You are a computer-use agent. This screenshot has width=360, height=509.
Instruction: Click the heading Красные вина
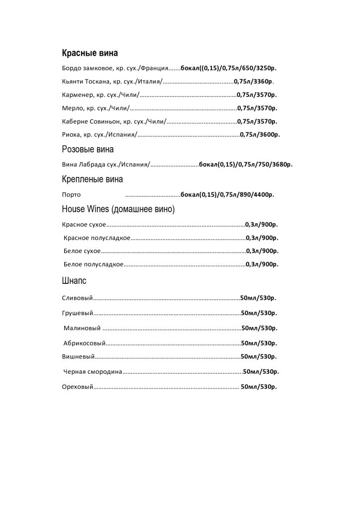coord(90,53)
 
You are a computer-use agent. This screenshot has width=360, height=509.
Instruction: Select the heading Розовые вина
coord(88,149)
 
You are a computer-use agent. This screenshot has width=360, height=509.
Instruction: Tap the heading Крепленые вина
coord(92,179)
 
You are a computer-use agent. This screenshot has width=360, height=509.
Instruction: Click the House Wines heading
coord(118,209)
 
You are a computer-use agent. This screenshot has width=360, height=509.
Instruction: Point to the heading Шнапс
coord(74,281)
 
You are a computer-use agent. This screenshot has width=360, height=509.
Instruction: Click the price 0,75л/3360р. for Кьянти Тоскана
coord(254,81)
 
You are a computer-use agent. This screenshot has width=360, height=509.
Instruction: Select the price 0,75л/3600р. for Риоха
coord(260,135)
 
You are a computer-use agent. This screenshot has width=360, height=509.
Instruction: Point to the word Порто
coord(71,195)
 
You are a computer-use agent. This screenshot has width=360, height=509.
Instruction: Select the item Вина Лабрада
coord(82,165)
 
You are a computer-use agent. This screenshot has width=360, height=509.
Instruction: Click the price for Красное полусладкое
coord(262,238)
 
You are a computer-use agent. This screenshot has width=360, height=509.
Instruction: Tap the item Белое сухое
coord(82,251)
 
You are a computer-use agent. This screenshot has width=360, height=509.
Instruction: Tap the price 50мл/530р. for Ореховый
coord(259,387)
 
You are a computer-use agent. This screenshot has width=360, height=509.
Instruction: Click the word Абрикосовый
coord(85,343)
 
